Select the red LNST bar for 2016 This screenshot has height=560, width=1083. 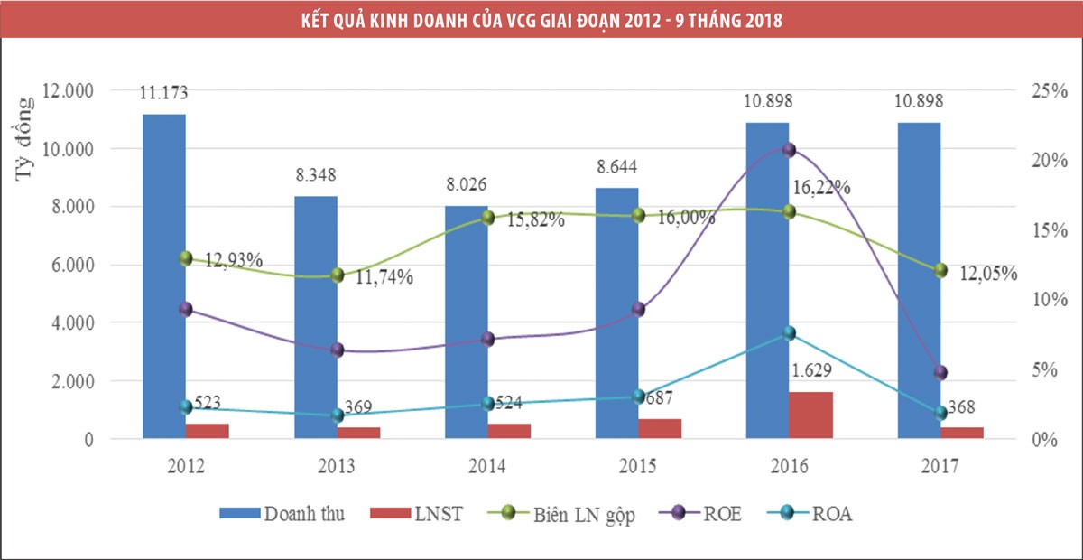[811, 415]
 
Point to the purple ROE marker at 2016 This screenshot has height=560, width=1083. [789, 150]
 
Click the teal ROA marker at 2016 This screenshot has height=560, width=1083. [789, 333]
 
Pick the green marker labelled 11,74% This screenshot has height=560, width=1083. [338, 275]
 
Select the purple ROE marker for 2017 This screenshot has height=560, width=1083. [940, 372]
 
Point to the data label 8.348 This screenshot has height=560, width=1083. [316, 175]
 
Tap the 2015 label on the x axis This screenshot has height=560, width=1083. [638, 466]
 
